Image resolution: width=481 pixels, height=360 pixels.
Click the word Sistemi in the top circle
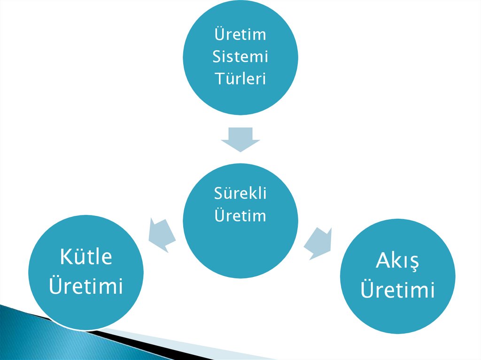[240, 57]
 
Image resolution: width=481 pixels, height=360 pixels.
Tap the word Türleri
[240, 78]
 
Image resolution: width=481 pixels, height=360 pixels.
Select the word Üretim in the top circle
[240, 35]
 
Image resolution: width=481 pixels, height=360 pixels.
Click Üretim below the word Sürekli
[240, 215]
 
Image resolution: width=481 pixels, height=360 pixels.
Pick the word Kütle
[86, 257]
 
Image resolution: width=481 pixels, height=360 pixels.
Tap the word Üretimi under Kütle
[86, 286]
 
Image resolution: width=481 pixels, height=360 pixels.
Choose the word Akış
[397, 261]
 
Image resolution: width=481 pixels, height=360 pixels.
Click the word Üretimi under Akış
[397, 290]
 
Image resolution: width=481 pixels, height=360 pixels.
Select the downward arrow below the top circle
[240, 139]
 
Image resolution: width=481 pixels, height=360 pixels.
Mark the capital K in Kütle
[65, 257]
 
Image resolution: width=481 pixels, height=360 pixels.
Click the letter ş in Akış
[413, 263]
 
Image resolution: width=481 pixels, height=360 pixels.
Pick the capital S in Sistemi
[217, 57]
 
